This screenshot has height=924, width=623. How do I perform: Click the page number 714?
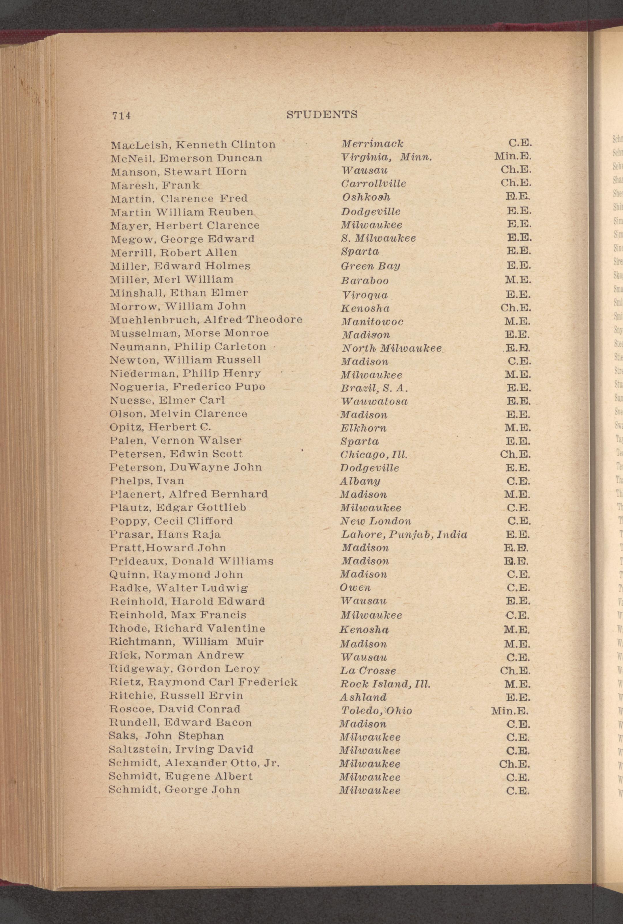121,116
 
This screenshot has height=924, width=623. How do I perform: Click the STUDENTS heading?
322,115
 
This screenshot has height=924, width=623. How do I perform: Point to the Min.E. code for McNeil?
513,156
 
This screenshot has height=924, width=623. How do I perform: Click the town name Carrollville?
373,184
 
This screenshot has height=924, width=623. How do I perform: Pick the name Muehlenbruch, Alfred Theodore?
206,320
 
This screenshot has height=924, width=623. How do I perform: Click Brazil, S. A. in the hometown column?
374,388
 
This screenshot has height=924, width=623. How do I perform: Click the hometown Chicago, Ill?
374,454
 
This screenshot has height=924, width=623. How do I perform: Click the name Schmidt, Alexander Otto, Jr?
194,752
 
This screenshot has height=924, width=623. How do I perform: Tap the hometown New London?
375,521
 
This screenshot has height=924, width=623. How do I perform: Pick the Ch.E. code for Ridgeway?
515,671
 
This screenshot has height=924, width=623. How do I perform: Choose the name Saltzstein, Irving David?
181,738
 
